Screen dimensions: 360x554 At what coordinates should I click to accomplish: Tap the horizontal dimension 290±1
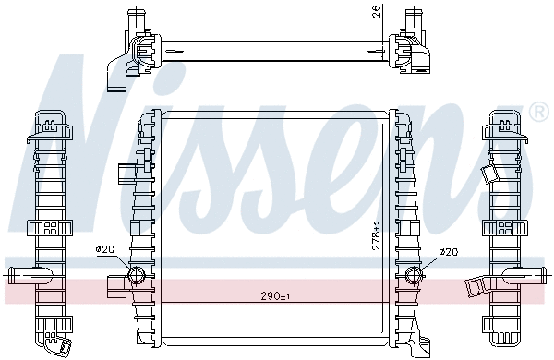point(276,296)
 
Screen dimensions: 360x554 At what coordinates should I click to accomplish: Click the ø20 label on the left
point(105,250)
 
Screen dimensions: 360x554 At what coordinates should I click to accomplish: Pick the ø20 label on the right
point(448,250)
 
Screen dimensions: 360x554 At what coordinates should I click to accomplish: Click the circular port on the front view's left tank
point(137,274)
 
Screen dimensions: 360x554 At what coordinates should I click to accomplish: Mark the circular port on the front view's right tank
point(413,274)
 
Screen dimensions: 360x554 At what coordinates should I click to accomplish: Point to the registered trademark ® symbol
point(539,113)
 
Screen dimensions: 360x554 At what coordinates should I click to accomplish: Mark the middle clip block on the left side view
point(47,229)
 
